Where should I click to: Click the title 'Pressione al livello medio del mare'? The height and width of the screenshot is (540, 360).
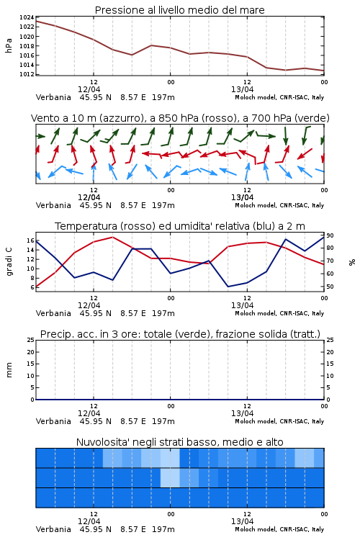pos(179,10)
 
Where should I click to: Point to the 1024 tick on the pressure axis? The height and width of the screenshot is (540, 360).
pos(27,17)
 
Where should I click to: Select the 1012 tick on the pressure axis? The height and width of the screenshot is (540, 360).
pos(27,74)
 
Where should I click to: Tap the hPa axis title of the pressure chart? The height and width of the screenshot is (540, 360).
pos(9,45)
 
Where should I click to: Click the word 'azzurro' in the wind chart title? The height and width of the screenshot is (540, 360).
pos(120,118)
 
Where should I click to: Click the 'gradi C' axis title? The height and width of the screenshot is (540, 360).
pos(9,262)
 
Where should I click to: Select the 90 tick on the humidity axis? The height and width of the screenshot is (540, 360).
pos(330,235)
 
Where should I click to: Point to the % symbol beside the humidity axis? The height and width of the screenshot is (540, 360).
pos(352,262)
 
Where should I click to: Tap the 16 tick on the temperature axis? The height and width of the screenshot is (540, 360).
pos(30,240)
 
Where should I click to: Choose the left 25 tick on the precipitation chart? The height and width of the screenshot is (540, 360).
pos(31,340)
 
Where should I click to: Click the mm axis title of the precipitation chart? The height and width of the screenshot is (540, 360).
pos(9,370)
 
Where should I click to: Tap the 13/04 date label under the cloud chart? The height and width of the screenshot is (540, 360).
pos(242,521)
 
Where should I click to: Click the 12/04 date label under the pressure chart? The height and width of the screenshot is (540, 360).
pos(89,89)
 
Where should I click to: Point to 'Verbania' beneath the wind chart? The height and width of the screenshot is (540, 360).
pos(53,205)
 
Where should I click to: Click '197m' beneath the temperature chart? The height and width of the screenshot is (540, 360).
pos(163,313)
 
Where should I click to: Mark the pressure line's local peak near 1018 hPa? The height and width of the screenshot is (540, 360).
pos(151,45)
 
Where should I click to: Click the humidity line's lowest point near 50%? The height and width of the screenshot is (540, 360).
pos(228,287)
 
